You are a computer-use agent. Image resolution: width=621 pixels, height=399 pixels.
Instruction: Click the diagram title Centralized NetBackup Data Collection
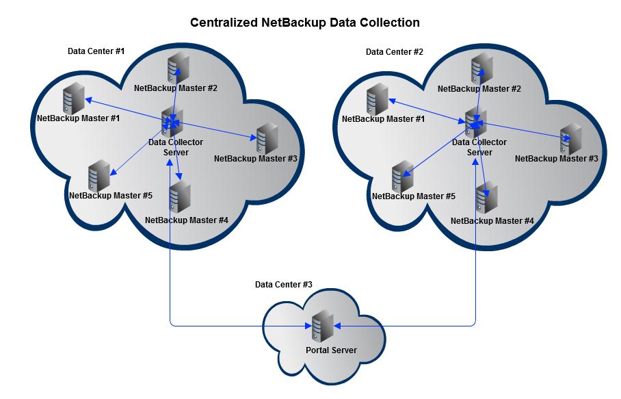click(x=304, y=23)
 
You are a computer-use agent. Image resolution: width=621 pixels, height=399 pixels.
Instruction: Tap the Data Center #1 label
click(x=96, y=51)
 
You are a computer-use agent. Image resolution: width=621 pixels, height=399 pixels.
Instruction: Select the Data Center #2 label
click(x=394, y=52)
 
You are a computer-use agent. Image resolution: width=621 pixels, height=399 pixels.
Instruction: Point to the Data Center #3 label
click(x=283, y=284)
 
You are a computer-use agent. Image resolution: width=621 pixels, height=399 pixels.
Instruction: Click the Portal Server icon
click(x=321, y=328)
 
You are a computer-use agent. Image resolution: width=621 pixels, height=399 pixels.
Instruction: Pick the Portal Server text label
click(x=331, y=350)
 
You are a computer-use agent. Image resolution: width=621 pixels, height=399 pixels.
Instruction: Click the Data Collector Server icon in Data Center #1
click(x=170, y=122)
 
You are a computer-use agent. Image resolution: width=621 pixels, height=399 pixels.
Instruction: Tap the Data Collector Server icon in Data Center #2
click(x=475, y=122)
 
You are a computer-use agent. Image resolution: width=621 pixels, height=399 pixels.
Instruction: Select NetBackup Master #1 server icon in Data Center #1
click(x=72, y=99)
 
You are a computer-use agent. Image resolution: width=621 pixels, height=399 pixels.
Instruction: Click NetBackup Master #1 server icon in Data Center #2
click(x=375, y=100)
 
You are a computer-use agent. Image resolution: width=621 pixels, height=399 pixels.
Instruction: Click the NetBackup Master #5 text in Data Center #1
click(x=110, y=196)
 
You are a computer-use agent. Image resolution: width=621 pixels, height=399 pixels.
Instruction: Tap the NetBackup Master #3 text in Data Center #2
click(x=556, y=159)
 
